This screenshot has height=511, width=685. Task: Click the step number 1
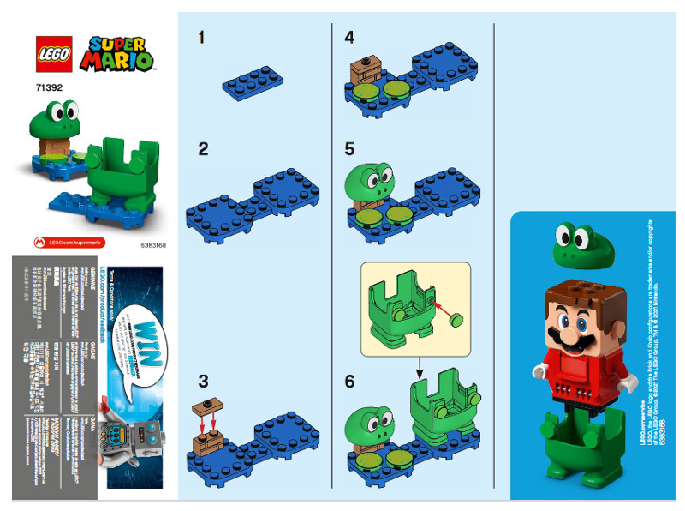[x=201, y=37]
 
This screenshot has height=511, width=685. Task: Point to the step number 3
[x=203, y=381]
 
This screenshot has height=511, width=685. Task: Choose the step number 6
[x=349, y=381]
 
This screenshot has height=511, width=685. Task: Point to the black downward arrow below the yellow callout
[x=420, y=372]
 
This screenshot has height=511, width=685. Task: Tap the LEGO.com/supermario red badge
[x=68, y=243]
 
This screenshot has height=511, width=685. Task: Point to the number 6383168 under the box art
[x=152, y=244]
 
